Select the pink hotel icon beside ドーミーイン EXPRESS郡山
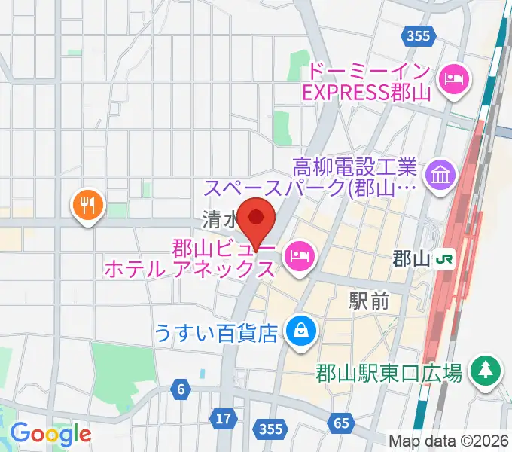click(453, 78)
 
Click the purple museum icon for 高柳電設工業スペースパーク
click(437, 176)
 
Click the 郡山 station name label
click(411, 259)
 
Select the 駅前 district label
click(369, 301)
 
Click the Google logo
click(50, 434)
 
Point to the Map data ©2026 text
click(450, 440)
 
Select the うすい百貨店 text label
click(217, 331)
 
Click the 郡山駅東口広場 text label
click(389, 373)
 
